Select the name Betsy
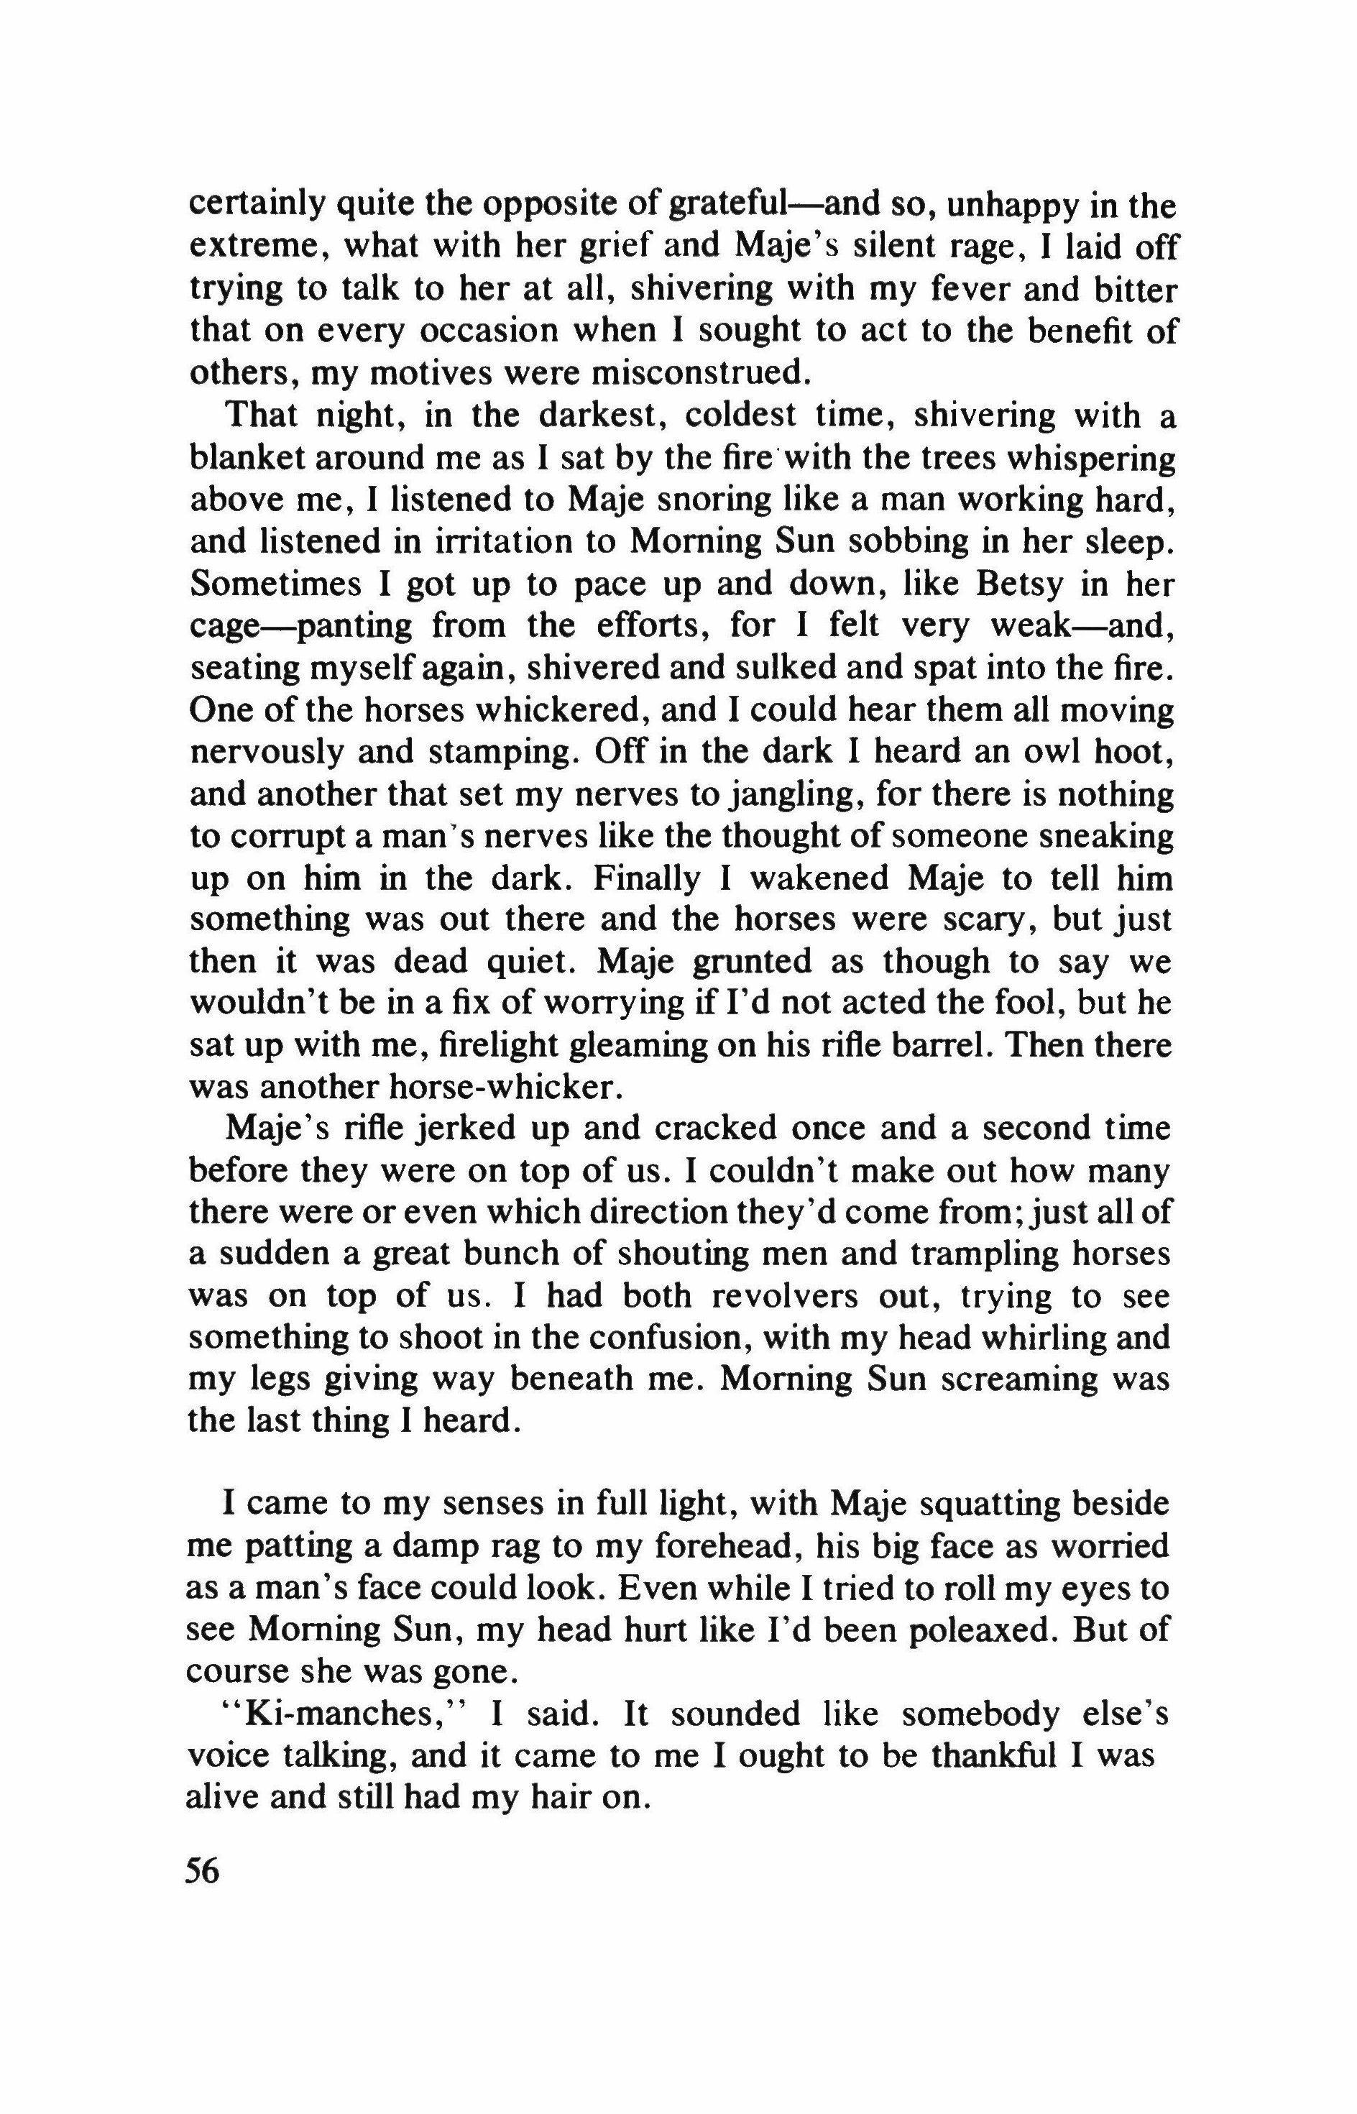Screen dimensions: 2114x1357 click(1006, 584)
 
